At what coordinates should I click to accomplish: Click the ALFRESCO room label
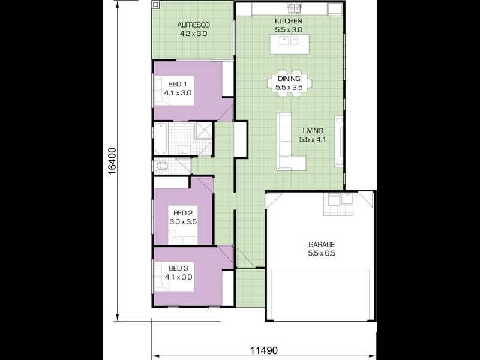pos(193,25)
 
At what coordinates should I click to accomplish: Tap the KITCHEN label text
pos(289,21)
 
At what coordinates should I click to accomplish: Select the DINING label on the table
pos(288,79)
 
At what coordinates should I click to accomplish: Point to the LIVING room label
pos(313,131)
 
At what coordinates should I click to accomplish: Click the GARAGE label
pos(322,245)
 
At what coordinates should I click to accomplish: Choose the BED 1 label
pos(178,84)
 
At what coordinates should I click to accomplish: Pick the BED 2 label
pos(183,213)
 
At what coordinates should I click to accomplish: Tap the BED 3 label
pos(178,268)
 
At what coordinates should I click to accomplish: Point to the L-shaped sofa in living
pos(288,144)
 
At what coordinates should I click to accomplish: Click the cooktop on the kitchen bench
pos(295,8)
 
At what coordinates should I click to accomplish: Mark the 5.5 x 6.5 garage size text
pos(322,254)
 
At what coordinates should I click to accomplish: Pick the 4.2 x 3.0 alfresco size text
pos(193,34)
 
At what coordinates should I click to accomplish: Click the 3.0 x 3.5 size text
pos(183,221)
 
